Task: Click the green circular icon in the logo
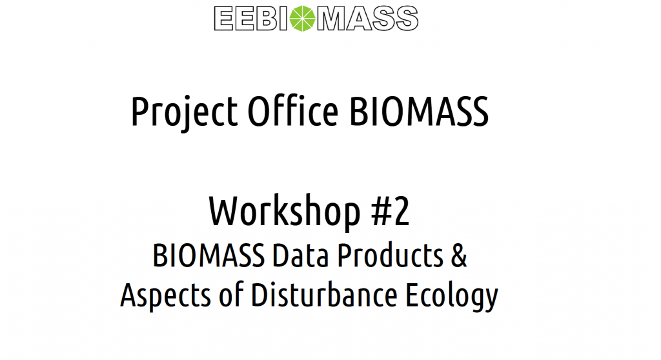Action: [x=303, y=19]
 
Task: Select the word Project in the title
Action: [x=184, y=112]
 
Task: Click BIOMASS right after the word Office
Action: [x=419, y=112]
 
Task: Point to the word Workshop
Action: [x=285, y=212]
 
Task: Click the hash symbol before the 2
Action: [x=381, y=212]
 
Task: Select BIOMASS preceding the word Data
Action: [x=208, y=256]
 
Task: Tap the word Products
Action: [x=390, y=256]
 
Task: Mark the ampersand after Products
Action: [x=459, y=256]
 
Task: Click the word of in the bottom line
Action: [x=231, y=294]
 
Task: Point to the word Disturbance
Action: [x=324, y=294]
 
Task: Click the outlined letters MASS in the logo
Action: [x=367, y=19]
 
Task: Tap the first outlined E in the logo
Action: [x=224, y=19]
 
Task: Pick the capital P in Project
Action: [x=139, y=112]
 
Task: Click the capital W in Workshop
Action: [x=228, y=212]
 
